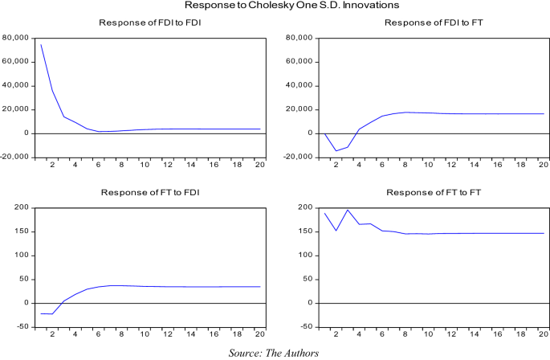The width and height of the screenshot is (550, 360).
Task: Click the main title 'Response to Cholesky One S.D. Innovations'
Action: click(x=275, y=6)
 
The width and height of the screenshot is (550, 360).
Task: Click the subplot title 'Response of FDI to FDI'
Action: click(x=149, y=22)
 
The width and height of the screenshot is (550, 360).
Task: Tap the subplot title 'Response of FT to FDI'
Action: click(x=149, y=193)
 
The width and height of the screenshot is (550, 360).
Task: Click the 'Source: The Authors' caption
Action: click(x=275, y=352)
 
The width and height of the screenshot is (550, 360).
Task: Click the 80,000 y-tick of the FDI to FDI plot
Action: click(x=16, y=38)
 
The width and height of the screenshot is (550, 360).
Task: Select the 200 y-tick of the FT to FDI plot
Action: click(x=22, y=208)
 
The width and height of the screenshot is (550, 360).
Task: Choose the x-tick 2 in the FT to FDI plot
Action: click(x=52, y=335)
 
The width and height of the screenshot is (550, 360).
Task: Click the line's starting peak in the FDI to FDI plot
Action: click(x=41, y=44)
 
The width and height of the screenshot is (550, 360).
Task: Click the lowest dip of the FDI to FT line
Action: click(x=337, y=150)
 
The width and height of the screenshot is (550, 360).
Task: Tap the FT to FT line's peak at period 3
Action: click(x=348, y=210)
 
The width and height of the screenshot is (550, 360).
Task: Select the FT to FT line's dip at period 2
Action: click(x=337, y=231)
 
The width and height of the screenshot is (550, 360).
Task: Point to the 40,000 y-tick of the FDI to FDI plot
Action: click(x=16, y=85)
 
